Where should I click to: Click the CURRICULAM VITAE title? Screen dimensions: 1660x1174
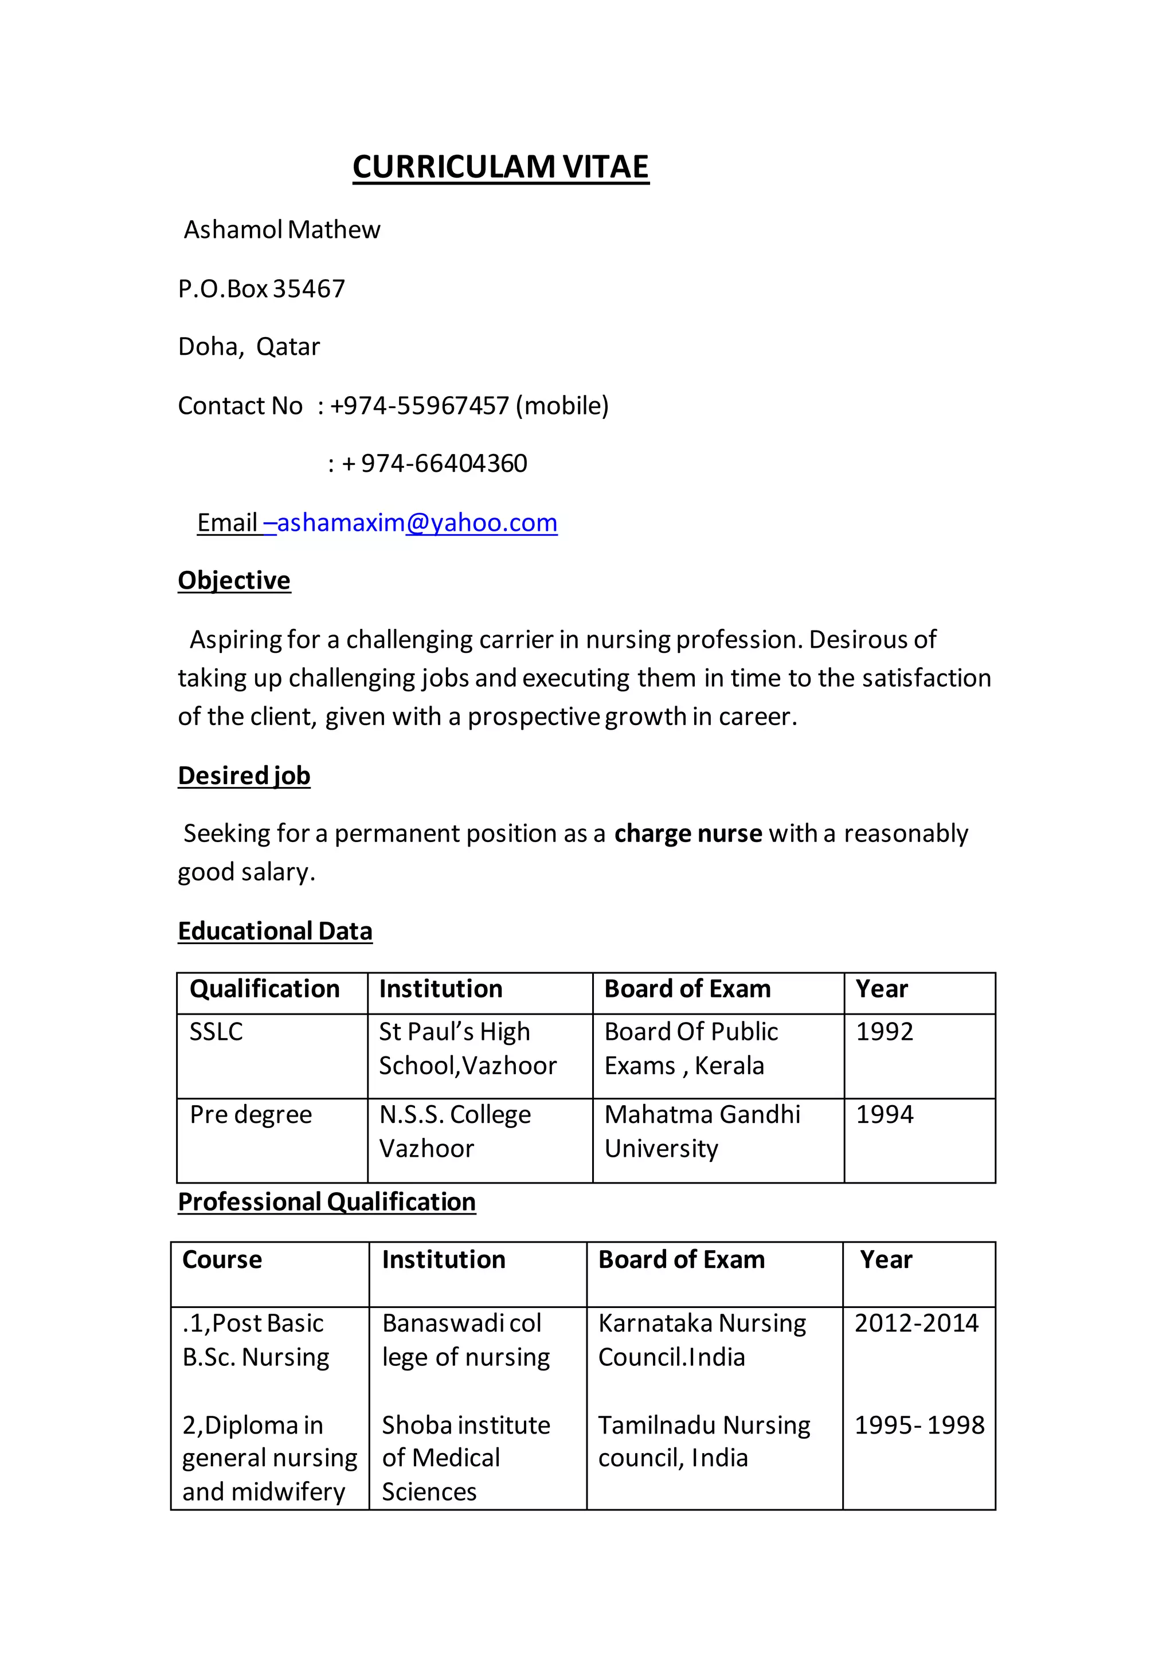tap(500, 167)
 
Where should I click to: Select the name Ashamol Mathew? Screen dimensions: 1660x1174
tap(282, 230)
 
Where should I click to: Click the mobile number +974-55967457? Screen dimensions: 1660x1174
tap(419, 406)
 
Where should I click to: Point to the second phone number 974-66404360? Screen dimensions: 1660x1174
tap(444, 464)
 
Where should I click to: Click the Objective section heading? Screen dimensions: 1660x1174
tap(234, 581)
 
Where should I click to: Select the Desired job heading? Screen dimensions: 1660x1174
tap(244, 776)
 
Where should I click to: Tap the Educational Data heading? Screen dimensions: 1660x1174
tap(275, 931)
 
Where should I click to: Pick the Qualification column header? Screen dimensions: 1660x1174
tap(265, 989)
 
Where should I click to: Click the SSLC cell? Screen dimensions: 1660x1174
tap(216, 1032)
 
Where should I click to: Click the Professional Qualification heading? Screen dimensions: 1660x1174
tap(327, 1203)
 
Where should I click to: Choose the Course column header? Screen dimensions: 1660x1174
tap(222, 1260)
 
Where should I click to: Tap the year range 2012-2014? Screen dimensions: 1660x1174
tap(916, 1324)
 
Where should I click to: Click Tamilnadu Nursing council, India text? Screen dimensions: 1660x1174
tap(703, 1442)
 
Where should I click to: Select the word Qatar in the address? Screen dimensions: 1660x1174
tap(288, 347)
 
